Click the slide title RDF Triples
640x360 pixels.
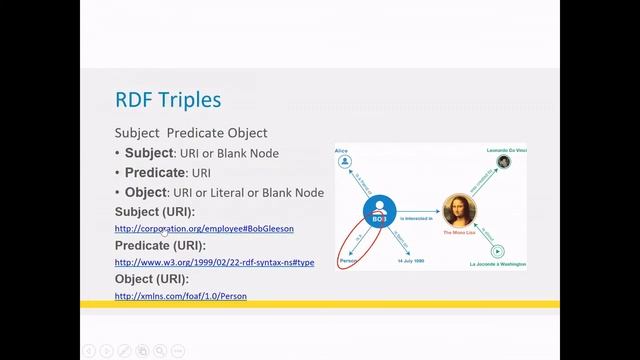[x=168, y=100]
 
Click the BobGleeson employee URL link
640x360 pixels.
[x=204, y=229]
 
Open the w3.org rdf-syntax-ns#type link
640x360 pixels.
[x=214, y=262]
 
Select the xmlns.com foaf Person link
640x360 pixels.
[x=180, y=296]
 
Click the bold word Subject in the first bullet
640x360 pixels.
[x=149, y=153]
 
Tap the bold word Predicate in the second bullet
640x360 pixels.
[x=155, y=173]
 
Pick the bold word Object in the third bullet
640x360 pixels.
[x=146, y=192]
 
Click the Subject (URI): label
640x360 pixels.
[x=155, y=212]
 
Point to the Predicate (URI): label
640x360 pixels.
[x=160, y=245]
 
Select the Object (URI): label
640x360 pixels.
[x=152, y=279]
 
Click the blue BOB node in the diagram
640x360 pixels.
[x=379, y=212]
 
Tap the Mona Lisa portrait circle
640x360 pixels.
[x=459, y=211]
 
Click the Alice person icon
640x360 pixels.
[x=345, y=161]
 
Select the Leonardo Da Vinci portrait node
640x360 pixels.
[x=504, y=162]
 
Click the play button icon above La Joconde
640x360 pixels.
[x=497, y=251]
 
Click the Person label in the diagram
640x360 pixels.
[x=349, y=261]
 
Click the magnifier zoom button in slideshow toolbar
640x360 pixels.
[x=160, y=350]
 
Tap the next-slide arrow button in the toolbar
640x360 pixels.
[x=107, y=350]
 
